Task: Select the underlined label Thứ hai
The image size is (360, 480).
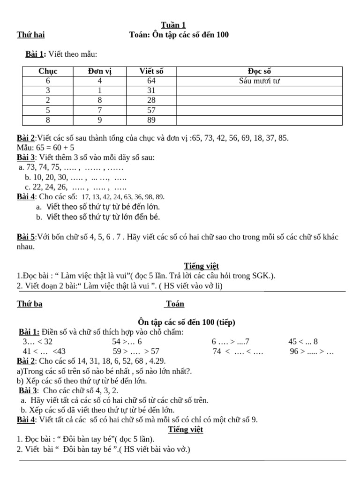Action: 31,35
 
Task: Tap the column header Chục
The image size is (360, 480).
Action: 48,71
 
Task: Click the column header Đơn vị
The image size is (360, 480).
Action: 100,71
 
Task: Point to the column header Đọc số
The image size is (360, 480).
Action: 259,71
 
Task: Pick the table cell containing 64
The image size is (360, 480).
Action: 151,81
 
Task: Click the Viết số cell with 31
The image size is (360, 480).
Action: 151,91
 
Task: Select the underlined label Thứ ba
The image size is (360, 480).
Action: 30,304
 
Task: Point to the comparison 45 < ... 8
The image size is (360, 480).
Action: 303,342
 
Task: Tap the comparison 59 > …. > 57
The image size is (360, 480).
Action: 136,351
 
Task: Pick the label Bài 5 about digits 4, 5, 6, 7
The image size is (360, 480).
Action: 26,237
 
